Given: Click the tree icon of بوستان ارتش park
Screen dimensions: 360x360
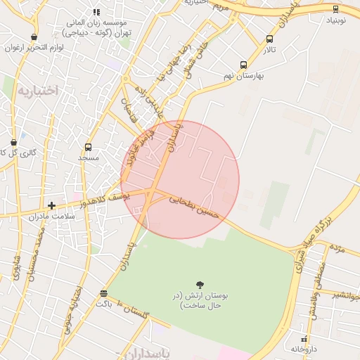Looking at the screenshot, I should pyautogui.click(x=200, y=285).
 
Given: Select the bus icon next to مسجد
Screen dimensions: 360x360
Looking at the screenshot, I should pyautogui.click(x=88, y=147).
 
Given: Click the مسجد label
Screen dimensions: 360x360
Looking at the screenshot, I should pyautogui.click(x=88, y=159).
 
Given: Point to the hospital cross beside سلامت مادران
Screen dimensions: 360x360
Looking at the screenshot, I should pyautogui.click(x=51, y=205).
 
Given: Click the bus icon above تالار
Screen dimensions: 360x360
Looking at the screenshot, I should pyautogui.click(x=270, y=39).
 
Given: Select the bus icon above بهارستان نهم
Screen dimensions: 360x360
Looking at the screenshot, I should pyautogui.click(x=244, y=64).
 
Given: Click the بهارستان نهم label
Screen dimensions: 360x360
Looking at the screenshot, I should pyautogui.click(x=243, y=76).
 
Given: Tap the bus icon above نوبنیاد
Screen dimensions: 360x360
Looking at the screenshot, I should pyautogui.click(x=335, y=9).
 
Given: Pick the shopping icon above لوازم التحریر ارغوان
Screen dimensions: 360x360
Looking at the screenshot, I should pyautogui.click(x=34, y=37).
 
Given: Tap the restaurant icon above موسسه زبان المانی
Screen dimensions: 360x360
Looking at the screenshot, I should pyautogui.click(x=96, y=12).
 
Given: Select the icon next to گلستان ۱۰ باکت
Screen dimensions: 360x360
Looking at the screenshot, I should pyautogui.click(x=104, y=293).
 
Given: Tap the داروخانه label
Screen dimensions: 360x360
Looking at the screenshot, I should pyautogui.click(x=304, y=349).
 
